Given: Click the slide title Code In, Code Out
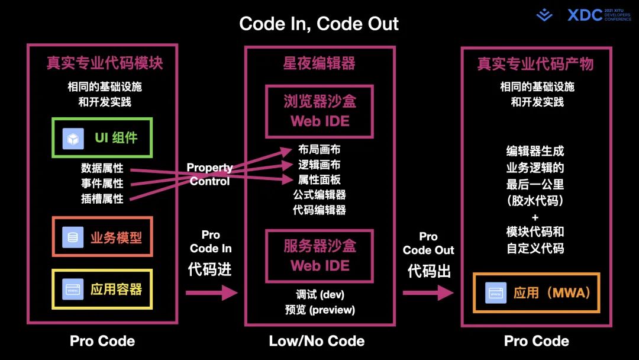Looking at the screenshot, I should pos(319,24).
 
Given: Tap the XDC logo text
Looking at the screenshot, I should pos(585,15).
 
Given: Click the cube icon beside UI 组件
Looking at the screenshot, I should pos(73,139).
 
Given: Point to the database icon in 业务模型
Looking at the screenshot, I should pos(73,238).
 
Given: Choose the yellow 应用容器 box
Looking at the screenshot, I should pos(102,289).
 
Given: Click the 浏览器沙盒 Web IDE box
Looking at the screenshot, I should pos(319,111).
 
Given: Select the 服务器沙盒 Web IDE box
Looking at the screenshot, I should pos(319,255).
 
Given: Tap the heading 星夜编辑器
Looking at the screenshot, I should pos(319,63).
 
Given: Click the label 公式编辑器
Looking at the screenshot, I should pos(319,195).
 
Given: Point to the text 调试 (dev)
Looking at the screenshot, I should pos(319,294).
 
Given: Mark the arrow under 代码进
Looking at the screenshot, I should pos(211,292).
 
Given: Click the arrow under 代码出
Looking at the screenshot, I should pos(428,292).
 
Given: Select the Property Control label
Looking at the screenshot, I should pos(210,175).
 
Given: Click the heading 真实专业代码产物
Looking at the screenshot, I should pos(535,63).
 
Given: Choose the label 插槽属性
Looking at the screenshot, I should pos(102,199).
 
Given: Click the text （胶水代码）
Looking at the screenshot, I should pos(535,201).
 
